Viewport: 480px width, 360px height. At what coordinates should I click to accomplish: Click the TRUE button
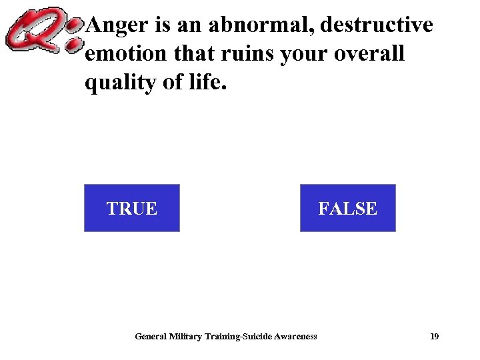click(132, 208)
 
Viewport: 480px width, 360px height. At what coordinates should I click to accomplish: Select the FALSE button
click(347, 208)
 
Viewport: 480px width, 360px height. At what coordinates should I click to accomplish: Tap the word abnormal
click(261, 25)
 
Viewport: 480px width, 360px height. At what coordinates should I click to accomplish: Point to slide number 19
click(434, 337)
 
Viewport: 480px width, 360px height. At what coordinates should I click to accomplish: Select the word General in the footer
click(150, 337)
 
